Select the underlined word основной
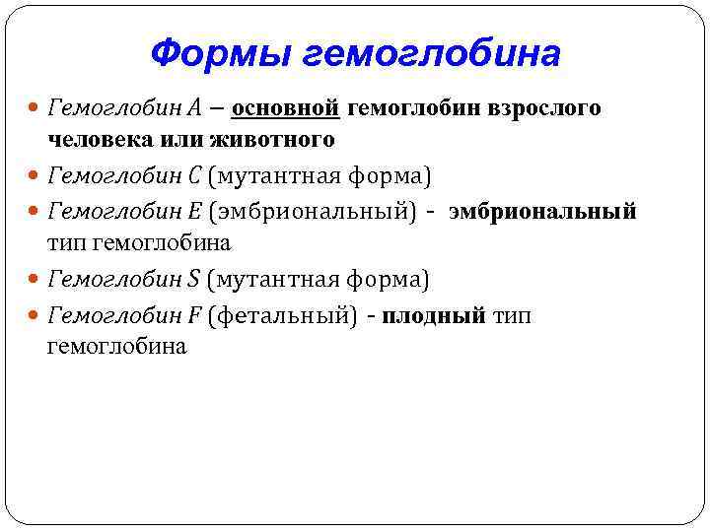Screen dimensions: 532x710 pyautogui.click(x=286, y=107)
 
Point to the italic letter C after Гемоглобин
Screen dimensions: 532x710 pyautogui.click(x=194, y=176)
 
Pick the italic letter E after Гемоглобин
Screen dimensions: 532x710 pyautogui.click(x=194, y=212)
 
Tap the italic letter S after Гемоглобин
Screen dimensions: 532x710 pyautogui.click(x=193, y=281)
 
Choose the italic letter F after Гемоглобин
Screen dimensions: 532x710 pyautogui.click(x=194, y=316)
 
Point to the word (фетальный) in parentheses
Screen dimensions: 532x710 pyautogui.click(x=283, y=316)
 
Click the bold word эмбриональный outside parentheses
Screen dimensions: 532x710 pyautogui.click(x=542, y=212)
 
